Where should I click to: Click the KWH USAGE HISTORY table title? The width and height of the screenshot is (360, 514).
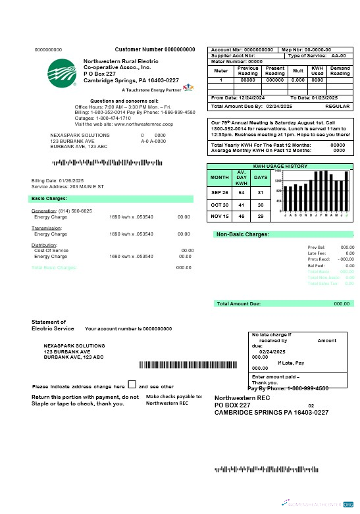tap(280, 167)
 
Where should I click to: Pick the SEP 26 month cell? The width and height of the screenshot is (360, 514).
tap(220, 192)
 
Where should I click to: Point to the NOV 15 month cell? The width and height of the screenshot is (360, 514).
tap(220, 217)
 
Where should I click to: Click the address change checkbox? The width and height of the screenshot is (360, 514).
tap(132, 385)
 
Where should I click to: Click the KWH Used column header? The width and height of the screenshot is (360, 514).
tap(317, 70)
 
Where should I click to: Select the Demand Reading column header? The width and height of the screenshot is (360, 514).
tap(340, 70)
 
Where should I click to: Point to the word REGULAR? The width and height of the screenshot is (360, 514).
tap(338, 106)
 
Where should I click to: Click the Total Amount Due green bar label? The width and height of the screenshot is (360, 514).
tap(239, 303)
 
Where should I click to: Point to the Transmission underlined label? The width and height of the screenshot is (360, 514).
tap(47, 228)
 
